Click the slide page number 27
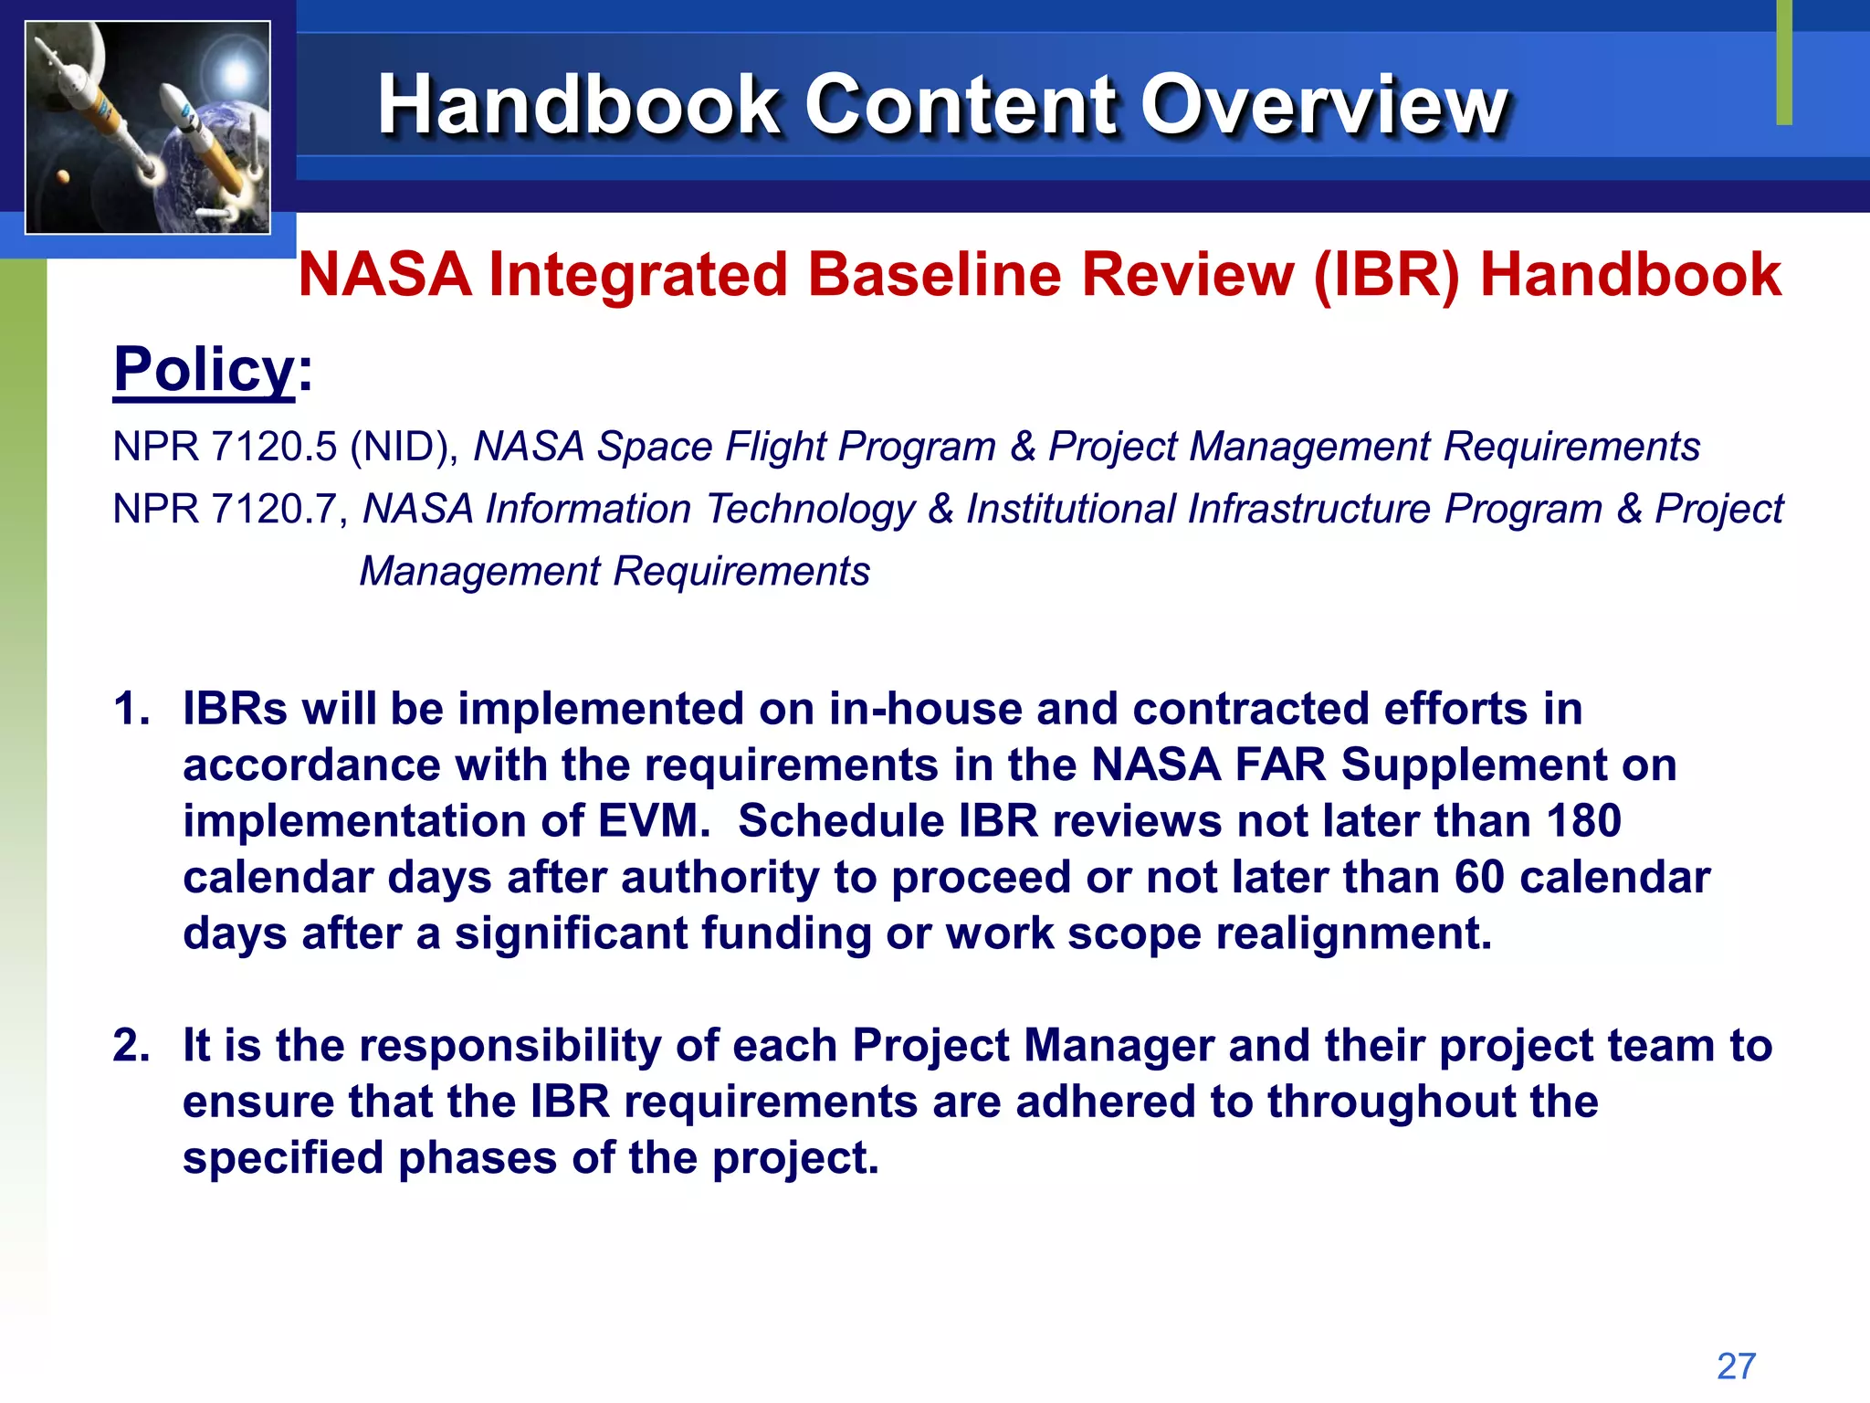click(x=1736, y=1366)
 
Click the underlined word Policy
click(x=204, y=370)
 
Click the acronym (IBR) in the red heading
click(x=1387, y=274)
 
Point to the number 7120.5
click(x=274, y=447)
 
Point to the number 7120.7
click(x=274, y=509)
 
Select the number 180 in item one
click(x=1583, y=820)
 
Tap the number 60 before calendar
click(x=1478, y=877)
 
